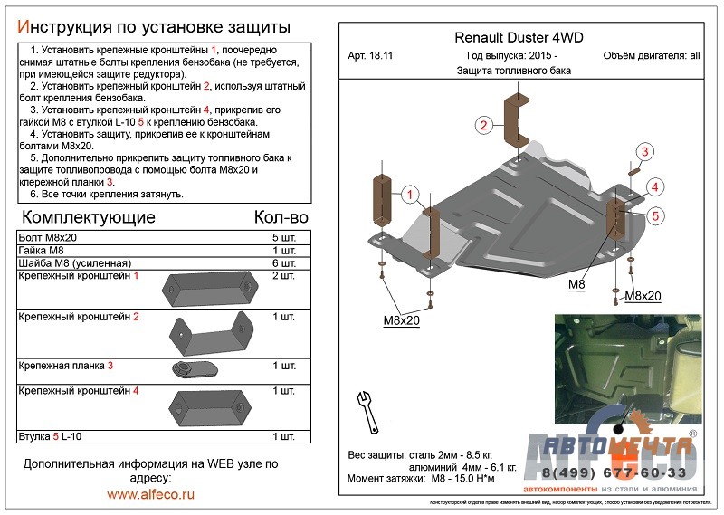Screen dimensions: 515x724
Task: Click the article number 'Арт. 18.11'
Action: click(372, 56)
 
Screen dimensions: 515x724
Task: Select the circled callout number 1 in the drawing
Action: click(410, 195)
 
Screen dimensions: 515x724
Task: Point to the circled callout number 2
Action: click(484, 125)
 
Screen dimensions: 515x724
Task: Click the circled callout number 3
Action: click(645, 151)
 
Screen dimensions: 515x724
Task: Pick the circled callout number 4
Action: click(656, 186)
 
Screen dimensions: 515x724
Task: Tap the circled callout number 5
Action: click(656, 215)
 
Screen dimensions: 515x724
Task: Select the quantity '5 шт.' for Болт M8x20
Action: click(282, 237)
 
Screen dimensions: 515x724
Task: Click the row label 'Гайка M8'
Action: click(42, 250)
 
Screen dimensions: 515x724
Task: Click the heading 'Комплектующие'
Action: click(88, 217)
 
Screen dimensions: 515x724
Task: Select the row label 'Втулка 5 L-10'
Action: click(50, 437)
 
